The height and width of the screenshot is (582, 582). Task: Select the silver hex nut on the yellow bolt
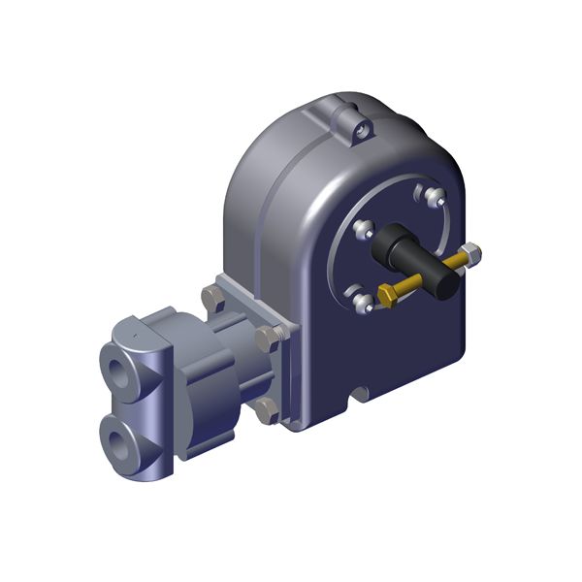(x=471, y=255)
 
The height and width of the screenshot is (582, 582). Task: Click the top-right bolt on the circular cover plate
(x=433, y=198)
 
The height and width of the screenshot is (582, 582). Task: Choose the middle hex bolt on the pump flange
(x=268, y=338)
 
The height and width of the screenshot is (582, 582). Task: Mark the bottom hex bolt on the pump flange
(x=264, y=411)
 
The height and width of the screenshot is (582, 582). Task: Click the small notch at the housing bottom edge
(x=360, y=396)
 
